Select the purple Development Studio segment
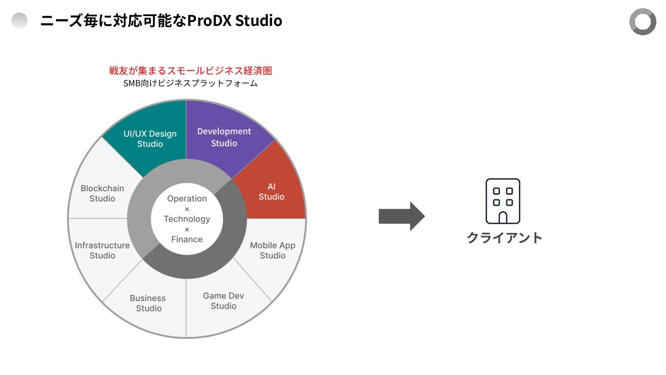tap(224, 137)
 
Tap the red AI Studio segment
tap(271, 192)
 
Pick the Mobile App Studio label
tap(272, 250)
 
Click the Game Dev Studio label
tap(223, 301)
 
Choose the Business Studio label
tap(148, 303)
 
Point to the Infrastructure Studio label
tap(102, 250)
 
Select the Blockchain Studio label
tap(102, 194)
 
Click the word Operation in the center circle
tap(187, 199)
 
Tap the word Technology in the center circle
tap(187, 219)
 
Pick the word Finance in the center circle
tap(187, 239)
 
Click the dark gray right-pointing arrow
tap(401, 216)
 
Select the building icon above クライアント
tap(503, 201)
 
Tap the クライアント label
tap(504, 237)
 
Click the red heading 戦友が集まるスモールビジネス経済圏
tap(190, 71)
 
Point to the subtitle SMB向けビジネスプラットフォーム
tap(190, 84)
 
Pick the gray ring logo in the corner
tap(642, 22)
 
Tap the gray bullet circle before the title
tap(19, 21)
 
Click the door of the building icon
tap(503, 218)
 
